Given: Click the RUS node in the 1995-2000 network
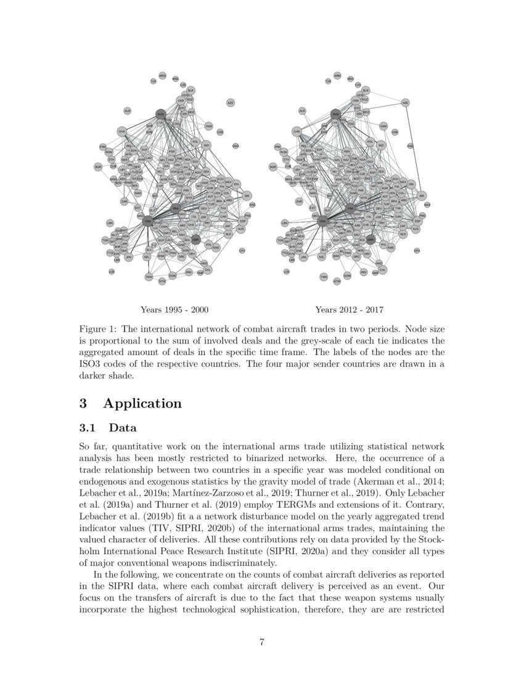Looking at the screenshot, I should point(161,114).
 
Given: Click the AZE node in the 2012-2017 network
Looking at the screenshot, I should point(406,102).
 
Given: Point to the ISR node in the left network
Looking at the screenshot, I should point(247,195).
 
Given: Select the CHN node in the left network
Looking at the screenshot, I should point(122,131).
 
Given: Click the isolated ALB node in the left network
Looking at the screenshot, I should point(128,110).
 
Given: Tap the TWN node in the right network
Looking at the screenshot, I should point(324,277).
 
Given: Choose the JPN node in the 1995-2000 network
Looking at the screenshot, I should point(129,257).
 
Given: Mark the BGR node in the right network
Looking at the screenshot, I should point(272,166).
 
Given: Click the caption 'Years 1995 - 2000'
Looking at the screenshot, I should point(178,309).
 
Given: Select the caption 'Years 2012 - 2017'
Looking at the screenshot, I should point(353,309).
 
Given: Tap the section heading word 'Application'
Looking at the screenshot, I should point(142,404).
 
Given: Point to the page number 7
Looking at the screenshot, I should point(262,643).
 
